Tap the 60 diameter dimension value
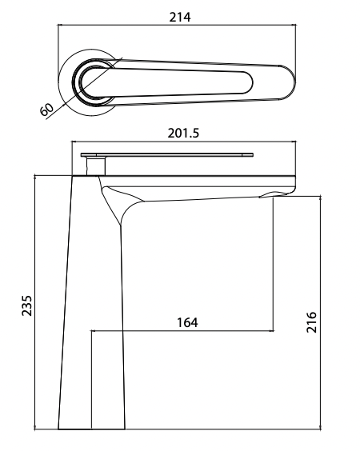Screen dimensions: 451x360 tap(46, 109)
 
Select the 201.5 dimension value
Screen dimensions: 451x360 tap(183, 132)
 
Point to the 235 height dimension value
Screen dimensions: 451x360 tap(26, 305)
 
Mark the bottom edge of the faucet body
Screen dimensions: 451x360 tap(92, 428)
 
